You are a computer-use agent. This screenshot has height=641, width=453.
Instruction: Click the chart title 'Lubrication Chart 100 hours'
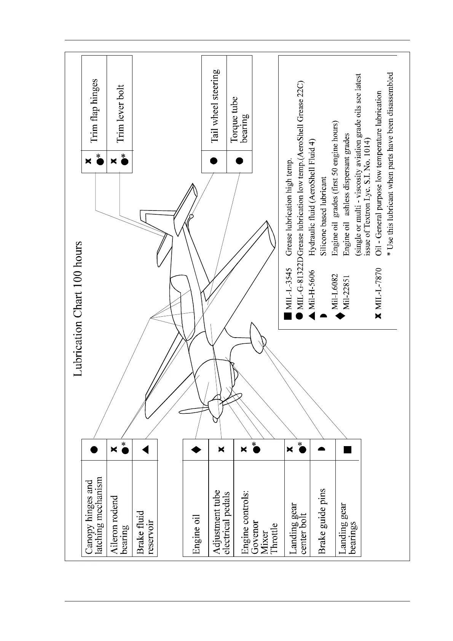click(78, 309)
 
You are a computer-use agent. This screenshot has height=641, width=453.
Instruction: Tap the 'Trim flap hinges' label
click(94, 111)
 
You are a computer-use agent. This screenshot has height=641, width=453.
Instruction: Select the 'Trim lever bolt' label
click(120, 113)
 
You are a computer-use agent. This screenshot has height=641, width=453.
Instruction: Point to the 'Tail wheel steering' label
click(214, 106)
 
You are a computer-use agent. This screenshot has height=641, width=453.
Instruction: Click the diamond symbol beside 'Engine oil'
click(196, 450)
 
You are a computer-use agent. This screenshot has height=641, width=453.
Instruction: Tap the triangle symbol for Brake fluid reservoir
click(145, 450)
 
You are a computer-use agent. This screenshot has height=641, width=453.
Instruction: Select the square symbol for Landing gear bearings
click(348, 450)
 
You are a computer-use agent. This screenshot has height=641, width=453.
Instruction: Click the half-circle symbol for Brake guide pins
click(322, 450)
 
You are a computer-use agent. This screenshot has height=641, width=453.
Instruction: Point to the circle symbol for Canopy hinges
click(94, 450)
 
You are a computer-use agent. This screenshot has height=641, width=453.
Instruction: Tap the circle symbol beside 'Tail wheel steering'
click(214, 160)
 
